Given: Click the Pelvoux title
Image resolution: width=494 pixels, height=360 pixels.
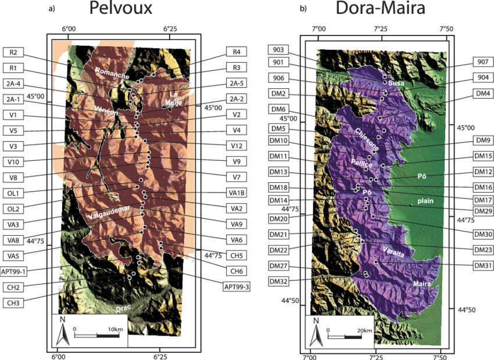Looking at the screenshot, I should click(x=121, y=9).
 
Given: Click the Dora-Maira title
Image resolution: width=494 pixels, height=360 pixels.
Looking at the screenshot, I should click(x=380, y=9).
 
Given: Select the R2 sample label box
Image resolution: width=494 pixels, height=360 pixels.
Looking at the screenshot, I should click(x=13, y=53).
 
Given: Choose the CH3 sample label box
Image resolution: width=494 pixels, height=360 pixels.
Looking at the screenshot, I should click(x=13, y=303).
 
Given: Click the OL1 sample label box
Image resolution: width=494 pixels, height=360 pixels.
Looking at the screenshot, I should click(x=13, y=193).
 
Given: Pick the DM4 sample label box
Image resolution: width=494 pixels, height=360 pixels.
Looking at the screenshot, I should click(x=482, y=93).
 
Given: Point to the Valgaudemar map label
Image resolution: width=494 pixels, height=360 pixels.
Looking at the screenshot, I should click(x=108, y=216).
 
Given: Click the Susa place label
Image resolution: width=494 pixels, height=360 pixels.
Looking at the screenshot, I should click(x=396, y=84).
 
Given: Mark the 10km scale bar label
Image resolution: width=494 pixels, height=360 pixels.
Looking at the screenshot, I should click(x=114, y=330).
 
